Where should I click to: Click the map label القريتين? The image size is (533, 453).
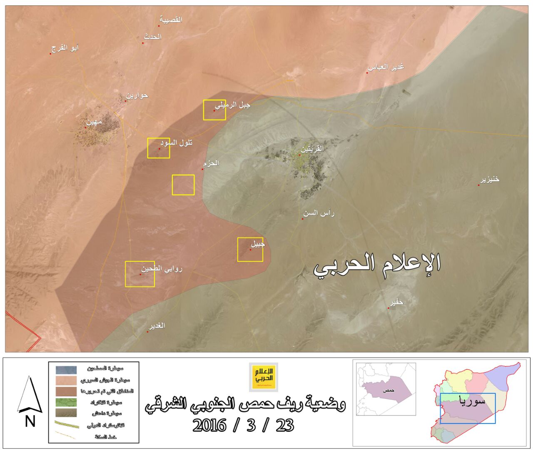pyautogui.click(x=312, y=149)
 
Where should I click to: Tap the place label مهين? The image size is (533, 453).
pyautogui.click(x=94, y=122)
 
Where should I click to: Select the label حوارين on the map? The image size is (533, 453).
pyautogui.click(x=137, y=95)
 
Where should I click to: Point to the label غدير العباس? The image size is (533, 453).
pyautogui.click(x=386, y=67)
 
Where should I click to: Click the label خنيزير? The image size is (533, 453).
pyautogui.click(x=490, y=179)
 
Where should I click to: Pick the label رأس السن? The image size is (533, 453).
pyautogui.click(x=319, y=213)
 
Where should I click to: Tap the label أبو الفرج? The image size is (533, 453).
pyautogui.click(x=65, y=48)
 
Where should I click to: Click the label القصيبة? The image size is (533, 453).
pyautogui.click(x=171, y=20)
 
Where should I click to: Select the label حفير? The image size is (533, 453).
pyautogui.click(x=396, y=302)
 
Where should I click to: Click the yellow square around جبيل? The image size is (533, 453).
pyautogui.click(x=250, y=250)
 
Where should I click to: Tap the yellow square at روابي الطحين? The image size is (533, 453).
pyautogui.click(x=140, y=274)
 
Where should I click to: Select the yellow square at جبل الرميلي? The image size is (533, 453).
pyautogui.click(x=214, y=110)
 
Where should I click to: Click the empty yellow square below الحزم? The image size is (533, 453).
pyautogui.click(x=183, y=185)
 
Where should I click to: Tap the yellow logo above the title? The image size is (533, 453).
pyautogui.click(x=263, y=377)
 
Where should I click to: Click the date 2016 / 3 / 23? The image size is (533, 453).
pyautogui.click(x=243, y=425)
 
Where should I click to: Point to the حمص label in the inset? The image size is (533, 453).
pyautogui.click(x=389, y=390)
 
